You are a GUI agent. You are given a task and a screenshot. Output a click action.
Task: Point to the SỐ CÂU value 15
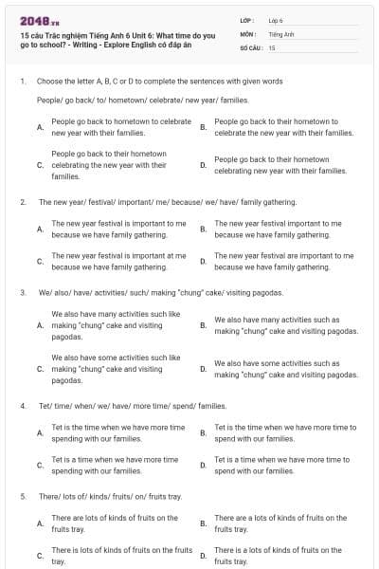point(272,46)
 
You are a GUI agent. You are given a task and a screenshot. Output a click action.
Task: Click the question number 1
point(22,82)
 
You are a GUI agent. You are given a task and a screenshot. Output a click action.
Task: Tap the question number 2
point(22,202)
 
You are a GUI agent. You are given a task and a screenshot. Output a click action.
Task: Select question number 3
point(22,293)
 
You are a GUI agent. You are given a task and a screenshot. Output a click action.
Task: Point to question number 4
point(22,406)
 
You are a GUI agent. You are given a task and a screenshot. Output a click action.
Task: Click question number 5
point(22,496)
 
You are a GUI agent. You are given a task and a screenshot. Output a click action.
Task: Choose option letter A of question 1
point(40,127)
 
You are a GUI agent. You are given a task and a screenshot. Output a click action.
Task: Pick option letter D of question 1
point(203,165)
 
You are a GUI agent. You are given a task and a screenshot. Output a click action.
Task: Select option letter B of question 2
point(203,229)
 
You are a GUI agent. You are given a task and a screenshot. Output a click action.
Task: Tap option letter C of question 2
point(40,262)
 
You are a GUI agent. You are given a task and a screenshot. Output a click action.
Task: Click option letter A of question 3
point(40,325)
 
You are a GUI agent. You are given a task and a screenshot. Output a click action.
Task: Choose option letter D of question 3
point(203,369)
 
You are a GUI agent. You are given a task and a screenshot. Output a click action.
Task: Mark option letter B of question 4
point(203,433)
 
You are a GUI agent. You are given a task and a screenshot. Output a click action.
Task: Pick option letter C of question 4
point(40,466)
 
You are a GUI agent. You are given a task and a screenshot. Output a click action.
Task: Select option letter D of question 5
point(203,556)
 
